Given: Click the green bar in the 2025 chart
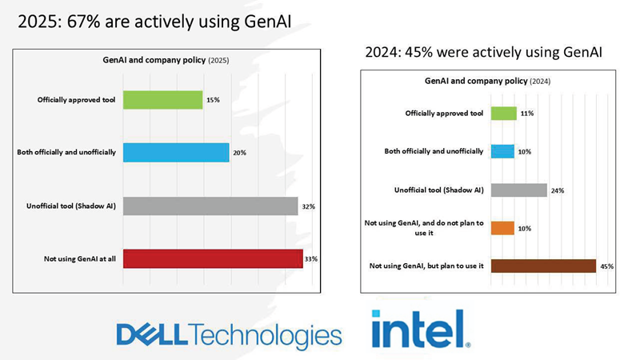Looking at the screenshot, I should pos(162,99).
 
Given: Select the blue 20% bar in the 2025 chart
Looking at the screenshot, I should pos(176,152).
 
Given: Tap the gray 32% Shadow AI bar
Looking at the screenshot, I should pos(210,206).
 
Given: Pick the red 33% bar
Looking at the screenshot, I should pos(213,259).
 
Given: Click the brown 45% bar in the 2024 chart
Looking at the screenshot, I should pos(543,266).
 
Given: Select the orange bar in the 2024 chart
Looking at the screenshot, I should pos(502,228).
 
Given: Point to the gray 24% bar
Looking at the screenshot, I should pos(518,190).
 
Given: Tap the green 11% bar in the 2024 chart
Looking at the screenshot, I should pos(503,113).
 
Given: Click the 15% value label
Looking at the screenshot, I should pos(213,100).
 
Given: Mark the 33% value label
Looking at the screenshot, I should pos(311,259).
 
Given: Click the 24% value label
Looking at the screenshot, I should pos(557,190).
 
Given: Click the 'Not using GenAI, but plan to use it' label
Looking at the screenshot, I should pos(426,266).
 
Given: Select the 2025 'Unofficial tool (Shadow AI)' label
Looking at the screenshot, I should pos(71,206).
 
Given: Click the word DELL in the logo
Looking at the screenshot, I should pos(152,334).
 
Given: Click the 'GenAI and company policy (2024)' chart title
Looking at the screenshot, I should pos(486,82).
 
